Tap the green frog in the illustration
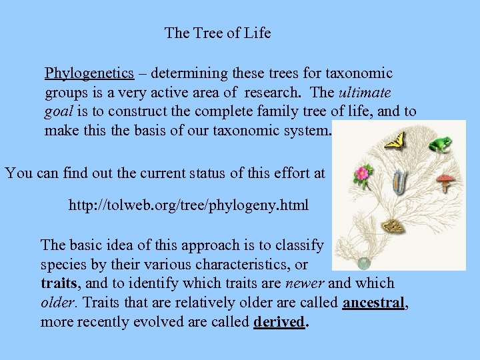point(440,144)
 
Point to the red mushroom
point(445,181)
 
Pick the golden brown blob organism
point(394,227)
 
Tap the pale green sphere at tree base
point(363,263)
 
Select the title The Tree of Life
point(218,33)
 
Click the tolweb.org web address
point(189,205)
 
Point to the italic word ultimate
point(365,92)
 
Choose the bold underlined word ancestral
point(373,303)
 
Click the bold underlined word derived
point(278,322)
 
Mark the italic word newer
point(305,283)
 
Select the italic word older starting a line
point(57,303)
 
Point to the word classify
point(298,245)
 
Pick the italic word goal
point(59,111)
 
